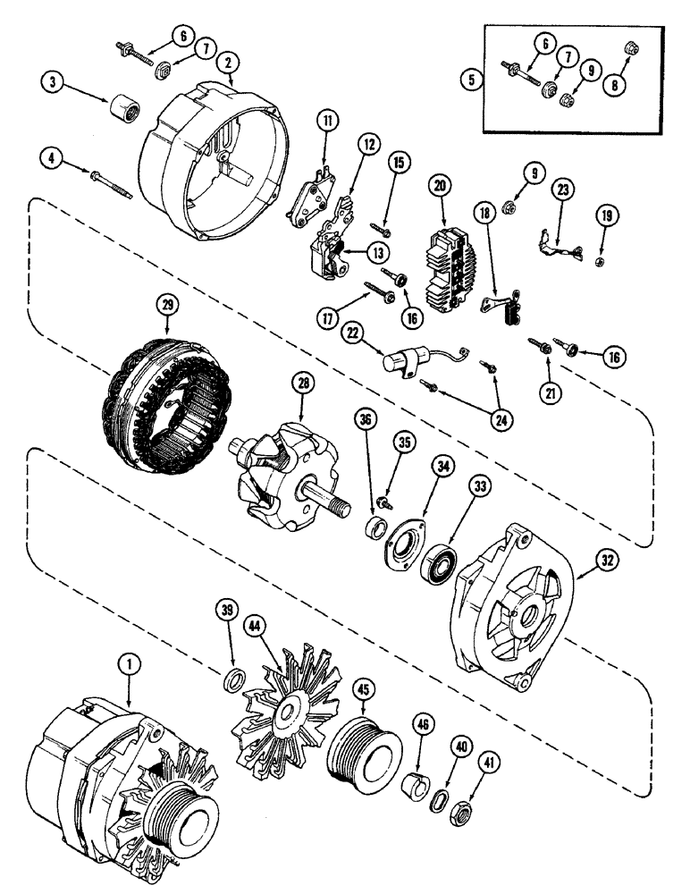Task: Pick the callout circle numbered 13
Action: [353, 250]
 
